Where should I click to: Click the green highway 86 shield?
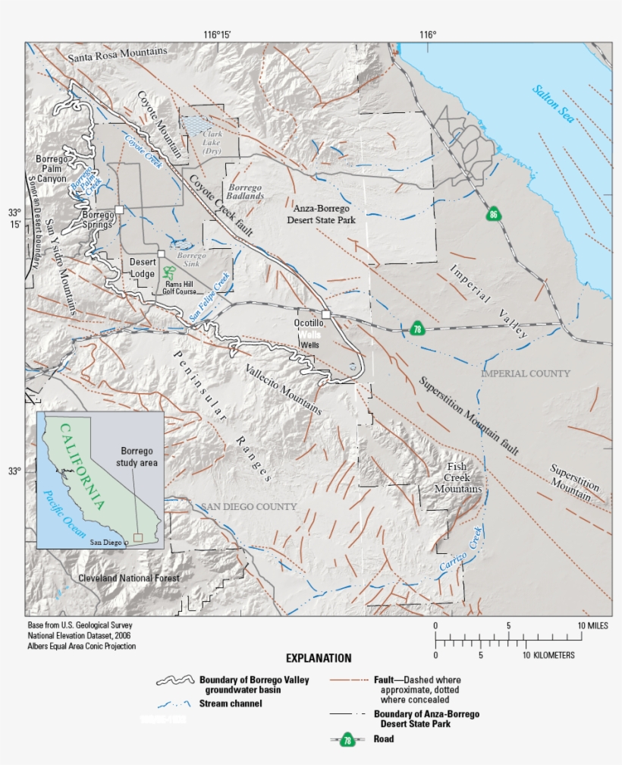[x=494, y=214]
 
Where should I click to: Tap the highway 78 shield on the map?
[x=416, y=329]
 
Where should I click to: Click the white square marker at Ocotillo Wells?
[x=325, y=313]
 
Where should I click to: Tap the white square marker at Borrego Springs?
[x=119, y=209]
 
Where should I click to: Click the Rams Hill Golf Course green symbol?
[x=168, y=272]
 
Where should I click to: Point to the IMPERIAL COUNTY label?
[x=526, y=373]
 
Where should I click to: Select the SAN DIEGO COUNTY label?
[x=248, y=506]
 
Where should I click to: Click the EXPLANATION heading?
[x=319, y=658]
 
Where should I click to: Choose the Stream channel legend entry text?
[x=231, y=704]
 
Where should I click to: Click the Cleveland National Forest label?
[x=129, y=578]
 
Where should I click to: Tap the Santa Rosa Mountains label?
[x=117, y=55]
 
